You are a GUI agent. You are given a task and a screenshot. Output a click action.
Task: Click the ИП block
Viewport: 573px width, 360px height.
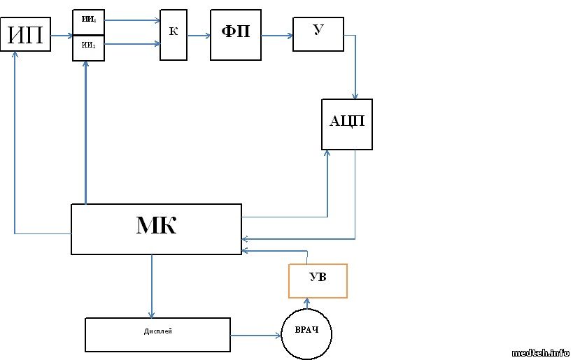(26, 36)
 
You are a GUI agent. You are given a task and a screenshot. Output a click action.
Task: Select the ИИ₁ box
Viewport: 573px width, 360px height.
(88, 22)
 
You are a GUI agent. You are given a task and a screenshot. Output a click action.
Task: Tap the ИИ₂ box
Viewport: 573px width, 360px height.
(88, 48)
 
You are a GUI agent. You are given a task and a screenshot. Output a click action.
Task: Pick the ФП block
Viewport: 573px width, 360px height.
(236, 34)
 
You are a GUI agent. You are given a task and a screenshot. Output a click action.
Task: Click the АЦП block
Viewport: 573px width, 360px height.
(347, 124)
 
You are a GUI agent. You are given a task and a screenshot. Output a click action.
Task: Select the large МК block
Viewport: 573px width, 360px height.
(156, 229)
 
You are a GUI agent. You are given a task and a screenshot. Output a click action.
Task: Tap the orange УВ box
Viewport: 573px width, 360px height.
(318, 281)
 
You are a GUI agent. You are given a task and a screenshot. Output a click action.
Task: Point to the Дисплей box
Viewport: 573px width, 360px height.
(157, 334)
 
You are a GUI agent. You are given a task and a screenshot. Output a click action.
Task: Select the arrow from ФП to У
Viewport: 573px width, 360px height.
(277, 35)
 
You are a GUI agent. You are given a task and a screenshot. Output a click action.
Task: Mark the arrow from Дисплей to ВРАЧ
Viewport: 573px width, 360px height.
(255, 336)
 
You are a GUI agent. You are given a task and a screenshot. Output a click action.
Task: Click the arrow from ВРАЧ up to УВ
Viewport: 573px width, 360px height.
(307, 303)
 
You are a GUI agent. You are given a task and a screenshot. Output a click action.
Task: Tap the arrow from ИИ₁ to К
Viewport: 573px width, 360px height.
(132, 20)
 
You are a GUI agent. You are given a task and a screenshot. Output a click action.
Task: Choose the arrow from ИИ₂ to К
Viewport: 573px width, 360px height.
(132, 45)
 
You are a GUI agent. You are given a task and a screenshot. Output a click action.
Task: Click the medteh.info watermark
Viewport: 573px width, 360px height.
(541, 353)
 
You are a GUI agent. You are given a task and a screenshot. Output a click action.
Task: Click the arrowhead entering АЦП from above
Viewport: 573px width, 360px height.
(355, 95)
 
